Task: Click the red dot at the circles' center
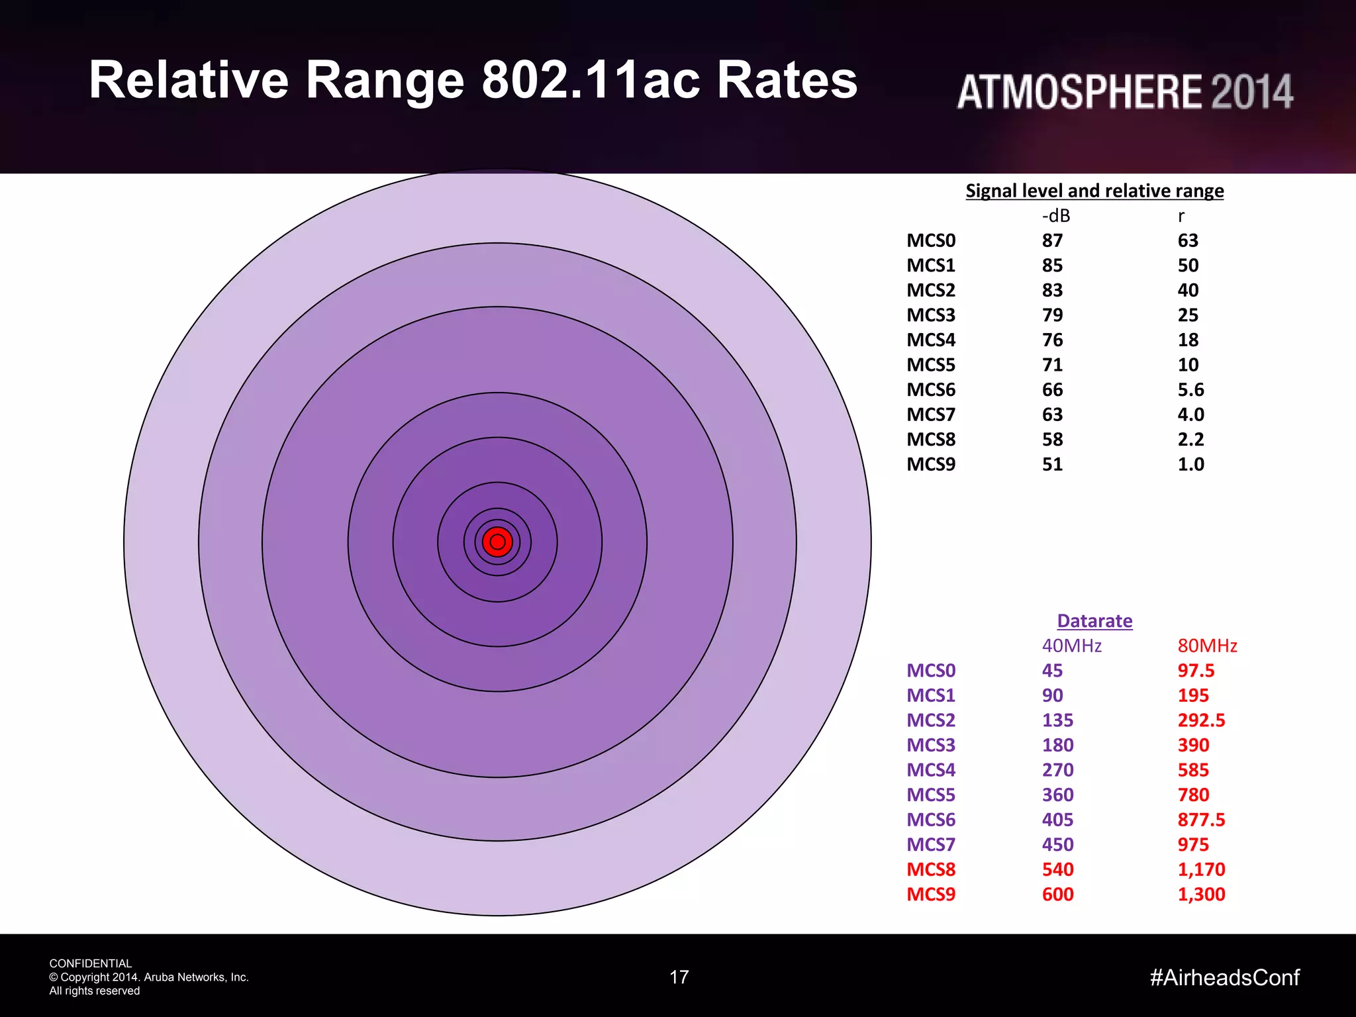tap(497, 542)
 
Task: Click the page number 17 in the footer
tap(679, 977)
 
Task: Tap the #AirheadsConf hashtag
tap(1224, 977)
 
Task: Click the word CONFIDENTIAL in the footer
tap(91, 963)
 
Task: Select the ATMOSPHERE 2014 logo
tap(1124, 91)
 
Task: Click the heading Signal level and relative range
tap(1094, 191)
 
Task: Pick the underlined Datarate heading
tap(1094, 621)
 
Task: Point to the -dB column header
tap(1055, 216)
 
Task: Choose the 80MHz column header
tap(1207, 646)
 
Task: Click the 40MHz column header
tap(1071, 646)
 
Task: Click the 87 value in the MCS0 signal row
tap(1052, 240)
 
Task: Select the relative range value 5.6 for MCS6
tap(1190, 389)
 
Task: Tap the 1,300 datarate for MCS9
tap(1201, 895)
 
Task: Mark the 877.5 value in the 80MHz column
tap(1201, 820)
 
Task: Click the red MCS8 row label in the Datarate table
tap(931, 869)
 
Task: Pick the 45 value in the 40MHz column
tap(1052, 671)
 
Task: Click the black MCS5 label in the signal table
tap(931, 365)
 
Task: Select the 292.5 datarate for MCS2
tap(1201, 720)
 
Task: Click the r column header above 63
tap(1181, 217)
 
